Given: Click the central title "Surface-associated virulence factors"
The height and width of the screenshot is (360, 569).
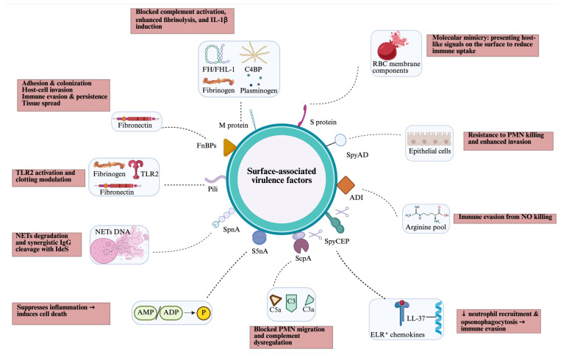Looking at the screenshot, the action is coord(282,176).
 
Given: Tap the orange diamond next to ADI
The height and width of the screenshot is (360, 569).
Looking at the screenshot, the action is coord(346,185).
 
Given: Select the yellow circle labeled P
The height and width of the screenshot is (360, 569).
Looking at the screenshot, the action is coord(204,312).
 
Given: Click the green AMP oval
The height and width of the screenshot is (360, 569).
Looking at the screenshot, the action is coord(146,312).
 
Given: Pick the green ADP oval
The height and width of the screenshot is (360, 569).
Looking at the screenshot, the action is coord(171,312).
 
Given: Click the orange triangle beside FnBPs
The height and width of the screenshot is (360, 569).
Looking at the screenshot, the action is coord(229,148).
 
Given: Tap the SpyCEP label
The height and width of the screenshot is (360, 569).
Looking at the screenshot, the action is coord(337,241).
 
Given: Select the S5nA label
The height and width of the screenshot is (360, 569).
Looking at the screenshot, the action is coord(260,251).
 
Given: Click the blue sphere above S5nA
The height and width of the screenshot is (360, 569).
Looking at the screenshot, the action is coord(259,238).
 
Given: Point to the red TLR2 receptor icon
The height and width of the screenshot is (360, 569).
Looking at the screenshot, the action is coord(136,169).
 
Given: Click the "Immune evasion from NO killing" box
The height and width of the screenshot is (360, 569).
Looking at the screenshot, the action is coord(505,218).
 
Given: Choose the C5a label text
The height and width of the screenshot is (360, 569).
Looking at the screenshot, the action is coord(275,309).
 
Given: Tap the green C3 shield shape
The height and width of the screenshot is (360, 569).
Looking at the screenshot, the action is coord(291,303).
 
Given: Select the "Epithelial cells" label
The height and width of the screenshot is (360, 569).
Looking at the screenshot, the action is coord(429,151).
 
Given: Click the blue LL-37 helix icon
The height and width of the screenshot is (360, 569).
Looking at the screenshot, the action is coord(439,318).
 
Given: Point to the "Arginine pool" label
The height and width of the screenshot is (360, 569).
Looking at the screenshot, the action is coord(426,227).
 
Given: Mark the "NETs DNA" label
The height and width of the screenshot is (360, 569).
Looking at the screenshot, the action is coord(112,231).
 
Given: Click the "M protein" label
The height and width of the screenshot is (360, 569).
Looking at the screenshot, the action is coord(233,126).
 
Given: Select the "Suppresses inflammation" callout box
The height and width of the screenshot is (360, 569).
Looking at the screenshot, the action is coord(61,314).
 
